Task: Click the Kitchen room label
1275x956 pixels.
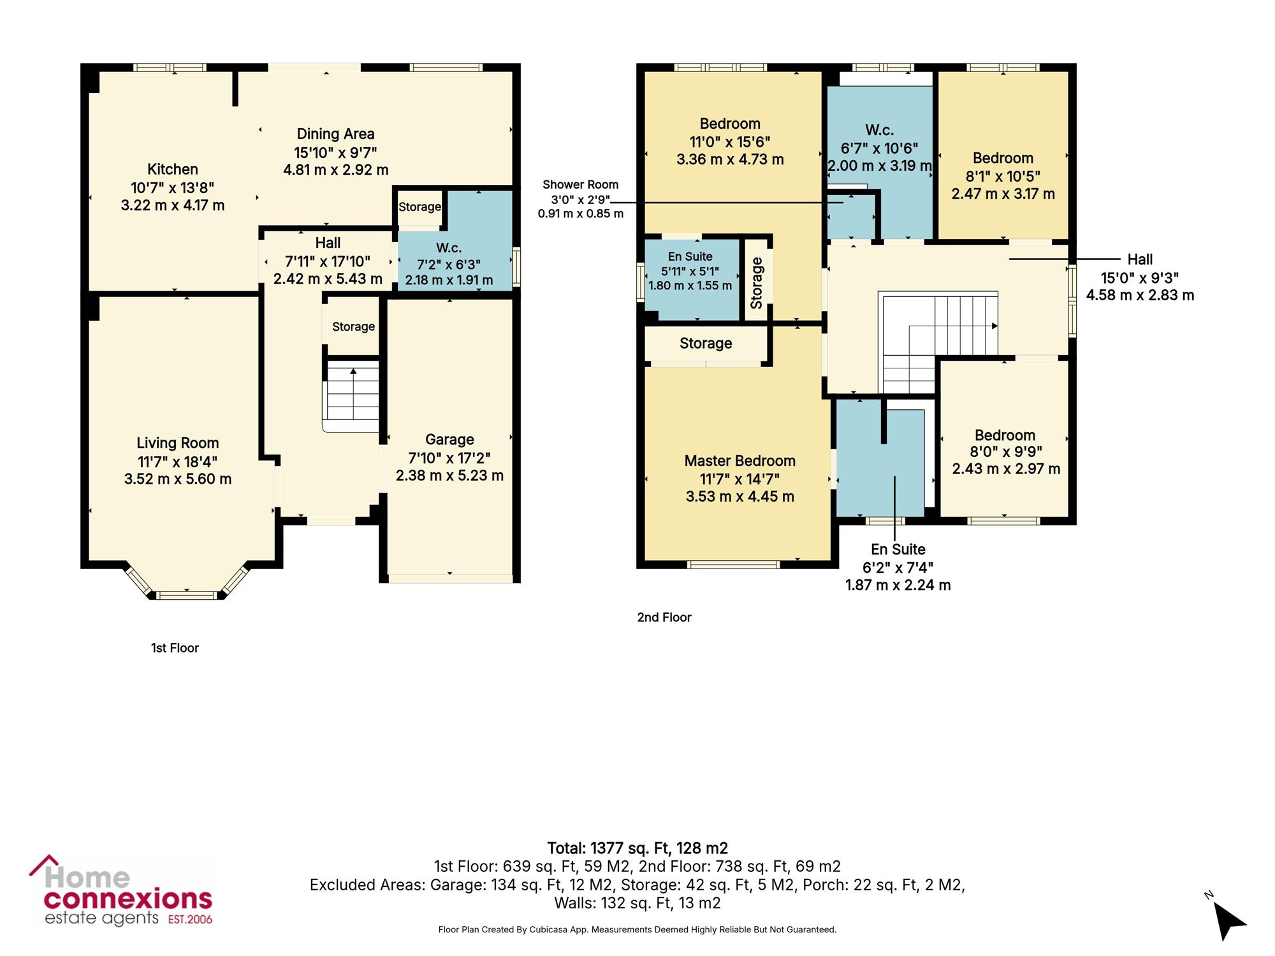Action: pos(173,170)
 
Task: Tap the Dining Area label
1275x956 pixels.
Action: pos(335,134)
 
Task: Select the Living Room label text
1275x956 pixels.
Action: pos(178,443)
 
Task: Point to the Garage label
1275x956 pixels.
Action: pos(449,440)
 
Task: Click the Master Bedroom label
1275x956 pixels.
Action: pos(740,461)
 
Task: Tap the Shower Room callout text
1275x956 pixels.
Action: pos(580,185)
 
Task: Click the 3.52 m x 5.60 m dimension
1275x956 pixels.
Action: pos(178,479)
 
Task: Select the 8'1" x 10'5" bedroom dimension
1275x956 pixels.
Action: pos(1003,176)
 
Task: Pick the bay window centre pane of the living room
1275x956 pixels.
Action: pos(187,595)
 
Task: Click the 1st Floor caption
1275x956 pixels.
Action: pos(175,648)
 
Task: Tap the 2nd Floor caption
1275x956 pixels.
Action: pos(664,618)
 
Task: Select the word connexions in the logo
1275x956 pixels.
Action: pos(127,899)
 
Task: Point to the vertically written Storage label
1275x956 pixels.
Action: pos(757,283)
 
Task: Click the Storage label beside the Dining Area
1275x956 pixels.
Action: pos(419,206)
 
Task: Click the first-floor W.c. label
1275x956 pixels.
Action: pos(449,248)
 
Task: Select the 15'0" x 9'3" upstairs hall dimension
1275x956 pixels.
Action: pos(1140,278)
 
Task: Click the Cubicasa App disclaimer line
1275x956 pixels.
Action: pos(637,930)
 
